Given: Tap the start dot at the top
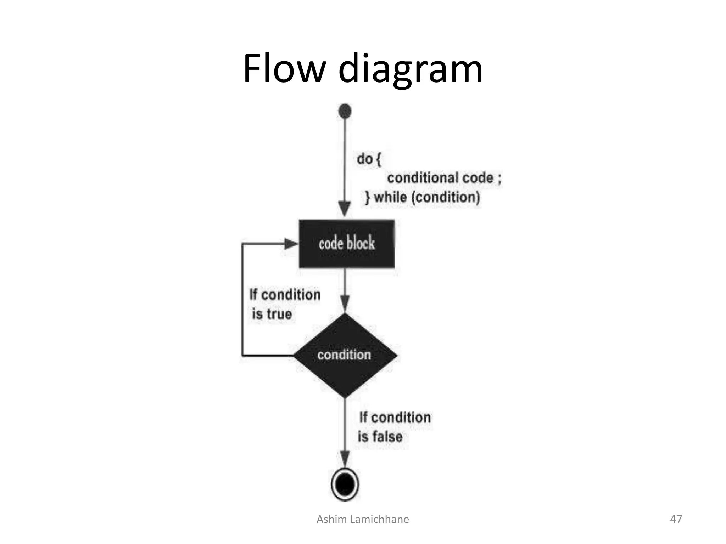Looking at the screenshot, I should pos(345,111).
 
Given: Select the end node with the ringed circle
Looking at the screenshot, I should pos(345,484).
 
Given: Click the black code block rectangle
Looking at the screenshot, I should pos(346,244).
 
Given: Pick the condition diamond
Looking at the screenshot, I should pos(345,355).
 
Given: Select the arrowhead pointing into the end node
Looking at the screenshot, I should pos(345,459).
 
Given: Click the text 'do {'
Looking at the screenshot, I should pos(369,159).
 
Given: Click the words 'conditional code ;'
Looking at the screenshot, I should pos(444,178).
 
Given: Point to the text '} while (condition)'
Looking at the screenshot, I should pos(422,197).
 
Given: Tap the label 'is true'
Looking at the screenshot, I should pos(272,314).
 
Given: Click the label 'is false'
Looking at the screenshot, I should pos(380,437).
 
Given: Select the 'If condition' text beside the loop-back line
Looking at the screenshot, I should pos(285,295).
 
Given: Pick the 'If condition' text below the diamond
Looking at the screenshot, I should pos(395,417).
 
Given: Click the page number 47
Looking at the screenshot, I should pos(676,519).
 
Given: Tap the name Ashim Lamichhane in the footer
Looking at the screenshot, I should pos(363,519).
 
